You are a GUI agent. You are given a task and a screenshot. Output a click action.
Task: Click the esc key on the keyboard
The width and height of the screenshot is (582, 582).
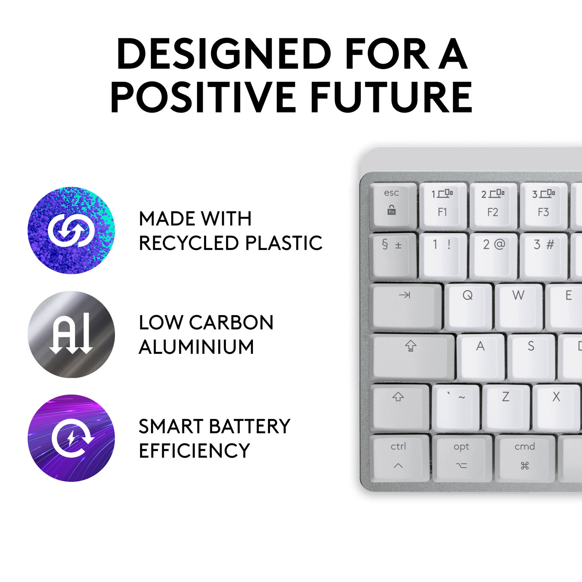tap(393, 206)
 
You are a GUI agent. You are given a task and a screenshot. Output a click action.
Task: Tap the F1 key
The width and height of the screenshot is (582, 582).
tap(443, 206)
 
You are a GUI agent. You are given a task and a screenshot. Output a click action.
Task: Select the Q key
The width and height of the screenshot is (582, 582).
tap(468, 307)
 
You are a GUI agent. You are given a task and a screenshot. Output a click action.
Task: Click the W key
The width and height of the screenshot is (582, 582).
tap(518, 307)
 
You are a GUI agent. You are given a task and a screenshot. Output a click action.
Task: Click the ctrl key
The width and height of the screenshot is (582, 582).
tap(400, 457)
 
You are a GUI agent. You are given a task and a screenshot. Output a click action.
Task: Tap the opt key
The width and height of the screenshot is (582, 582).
tap(462, 457)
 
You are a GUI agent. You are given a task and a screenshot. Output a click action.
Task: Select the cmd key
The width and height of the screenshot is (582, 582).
tap(525, 457)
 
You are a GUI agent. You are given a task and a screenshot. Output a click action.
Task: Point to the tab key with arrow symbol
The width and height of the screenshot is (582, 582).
tap(406, 307)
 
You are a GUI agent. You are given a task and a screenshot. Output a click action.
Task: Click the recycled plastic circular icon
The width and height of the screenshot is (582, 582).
tap(71, 230)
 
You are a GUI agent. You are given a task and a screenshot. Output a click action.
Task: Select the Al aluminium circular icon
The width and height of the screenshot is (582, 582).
tap(71, 334)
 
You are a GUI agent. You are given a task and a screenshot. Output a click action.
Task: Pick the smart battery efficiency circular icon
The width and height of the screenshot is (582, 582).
tap(71, 438)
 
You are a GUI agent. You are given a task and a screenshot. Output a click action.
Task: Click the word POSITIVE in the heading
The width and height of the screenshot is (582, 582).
tap(203, 97)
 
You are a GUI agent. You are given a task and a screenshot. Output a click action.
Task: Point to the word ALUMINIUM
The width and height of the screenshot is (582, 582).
tap(196, 347)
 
